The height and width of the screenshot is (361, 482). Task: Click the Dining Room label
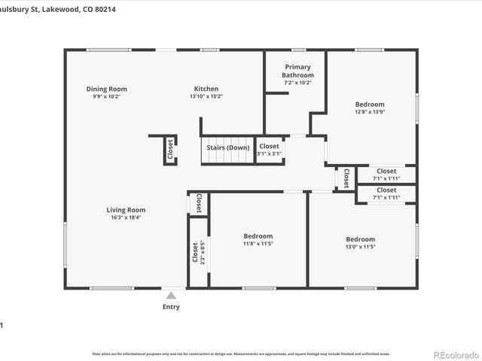[106, 89]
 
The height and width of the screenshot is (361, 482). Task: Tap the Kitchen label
[206, 89]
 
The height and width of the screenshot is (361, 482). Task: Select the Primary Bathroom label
[297, 71]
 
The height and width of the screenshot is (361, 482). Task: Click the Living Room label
[125, 210]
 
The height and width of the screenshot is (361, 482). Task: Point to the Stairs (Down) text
[228, 147]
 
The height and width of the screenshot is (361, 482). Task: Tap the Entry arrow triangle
[171, 296]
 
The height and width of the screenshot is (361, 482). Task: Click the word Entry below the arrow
[171, 307]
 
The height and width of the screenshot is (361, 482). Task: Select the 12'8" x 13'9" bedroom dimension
[370, 112]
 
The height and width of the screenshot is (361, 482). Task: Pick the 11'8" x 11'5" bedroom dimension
[258, 244]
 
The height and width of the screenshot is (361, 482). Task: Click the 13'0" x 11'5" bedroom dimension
[360, 247]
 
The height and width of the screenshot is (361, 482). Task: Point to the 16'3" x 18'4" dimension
[125, 218]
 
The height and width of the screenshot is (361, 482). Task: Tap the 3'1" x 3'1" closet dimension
[269, 154]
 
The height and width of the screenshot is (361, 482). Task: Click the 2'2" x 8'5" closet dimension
[201, 252]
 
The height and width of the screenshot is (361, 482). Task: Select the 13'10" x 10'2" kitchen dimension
[206, 96]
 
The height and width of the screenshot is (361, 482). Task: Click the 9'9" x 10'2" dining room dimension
[106, 96]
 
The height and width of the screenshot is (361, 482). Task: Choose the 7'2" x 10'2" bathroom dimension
[297, 82]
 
